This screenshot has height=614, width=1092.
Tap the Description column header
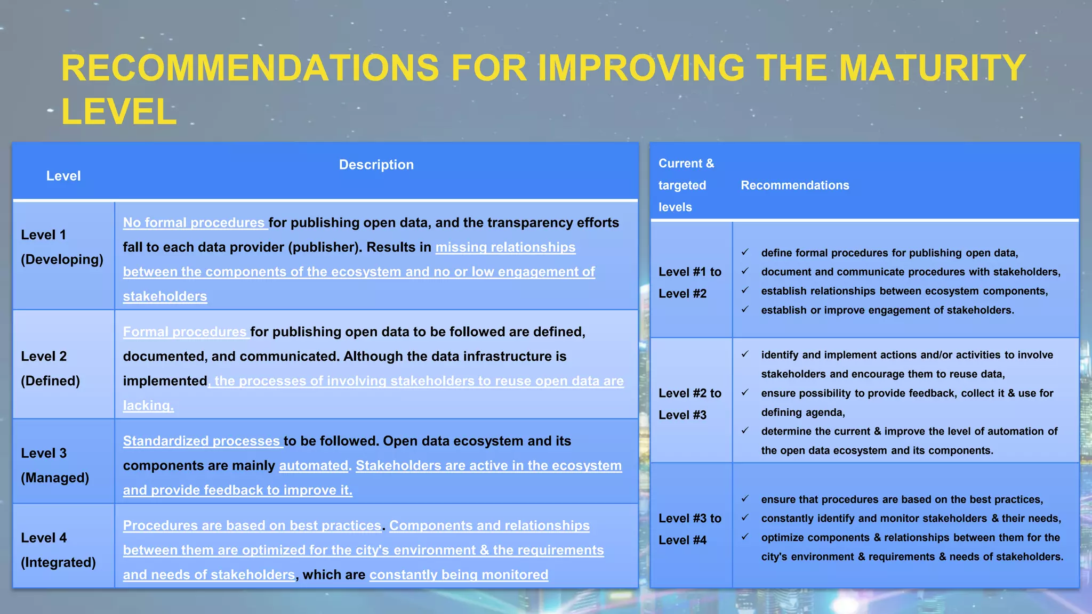click(x=376, y=165)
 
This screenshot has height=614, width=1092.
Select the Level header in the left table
click(x=63, y=176)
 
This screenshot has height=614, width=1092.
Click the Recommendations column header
click(x=794, y=185)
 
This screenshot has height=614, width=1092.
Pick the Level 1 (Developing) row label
click(x=62, y=247)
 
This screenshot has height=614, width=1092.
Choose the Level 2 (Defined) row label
click(x=51, y=368)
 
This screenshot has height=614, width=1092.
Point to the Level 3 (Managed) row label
click(x=55, y=465)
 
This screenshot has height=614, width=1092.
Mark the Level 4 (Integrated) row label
click(x=58, y=550)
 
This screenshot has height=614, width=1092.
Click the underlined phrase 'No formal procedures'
click(x=194, y=223)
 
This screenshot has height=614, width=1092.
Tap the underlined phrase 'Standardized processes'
click(x=202, y=441)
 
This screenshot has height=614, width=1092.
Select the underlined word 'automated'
click(x=314, y=466)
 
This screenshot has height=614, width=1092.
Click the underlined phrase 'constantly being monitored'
click(x=459, y=575)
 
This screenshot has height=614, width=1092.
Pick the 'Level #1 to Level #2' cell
click(x=689, y=282)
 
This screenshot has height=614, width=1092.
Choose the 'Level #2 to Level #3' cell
click(x=689, y=404)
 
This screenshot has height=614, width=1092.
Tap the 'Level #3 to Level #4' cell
click(x=689, y=529)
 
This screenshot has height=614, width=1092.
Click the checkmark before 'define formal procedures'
click(x=745, y=252)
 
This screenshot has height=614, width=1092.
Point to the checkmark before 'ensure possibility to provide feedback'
click(x=745, y=393)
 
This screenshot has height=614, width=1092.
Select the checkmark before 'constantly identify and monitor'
click(x=745, y=518)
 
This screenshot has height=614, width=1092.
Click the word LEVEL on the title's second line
click(x=119, y=112)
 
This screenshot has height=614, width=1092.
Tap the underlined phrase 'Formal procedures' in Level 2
click(x=185, y=332)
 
